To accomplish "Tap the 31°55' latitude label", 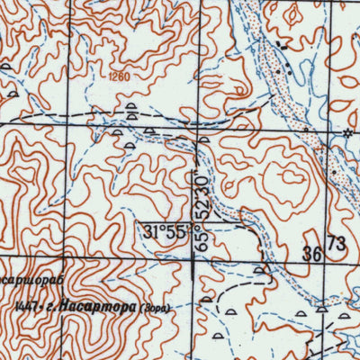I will tap(163, 231).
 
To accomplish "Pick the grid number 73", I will tap(335, 243).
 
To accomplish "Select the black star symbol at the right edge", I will tap(348, 133).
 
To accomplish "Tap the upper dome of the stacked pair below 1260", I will tap(132, 107).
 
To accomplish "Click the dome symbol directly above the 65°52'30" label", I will tap(204, 139).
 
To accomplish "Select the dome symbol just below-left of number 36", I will tap(260, 268).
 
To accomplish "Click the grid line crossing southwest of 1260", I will tap(90, 123).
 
